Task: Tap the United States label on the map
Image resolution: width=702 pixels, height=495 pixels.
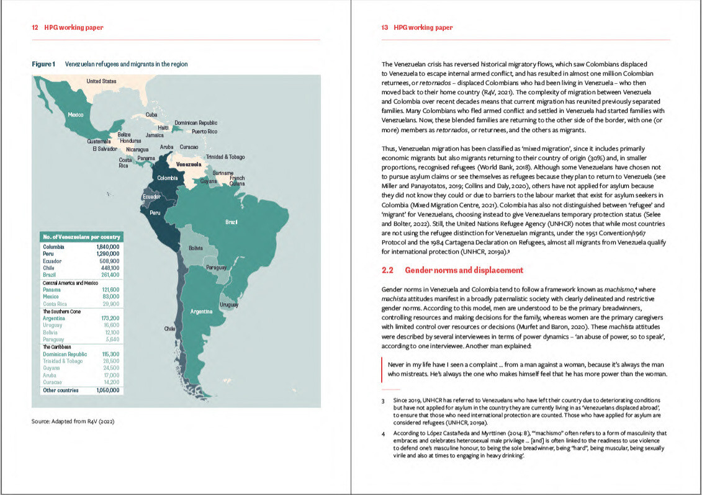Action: click(x=101, y=81)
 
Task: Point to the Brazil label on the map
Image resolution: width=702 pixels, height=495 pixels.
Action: click(x=231, y=222)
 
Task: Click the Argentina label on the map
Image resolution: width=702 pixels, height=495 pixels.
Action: click(x=202, y=311)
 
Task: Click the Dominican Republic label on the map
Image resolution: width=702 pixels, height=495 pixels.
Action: click(x=196, y=123)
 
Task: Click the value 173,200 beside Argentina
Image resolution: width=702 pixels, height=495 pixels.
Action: click(x=109, y=318)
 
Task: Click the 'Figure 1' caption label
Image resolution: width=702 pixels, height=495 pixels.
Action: click(x=43, y=64)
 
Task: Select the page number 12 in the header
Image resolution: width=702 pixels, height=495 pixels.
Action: click(x=35, y=27)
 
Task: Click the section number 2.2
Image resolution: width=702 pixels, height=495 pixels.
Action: click(x=388, y=270)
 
